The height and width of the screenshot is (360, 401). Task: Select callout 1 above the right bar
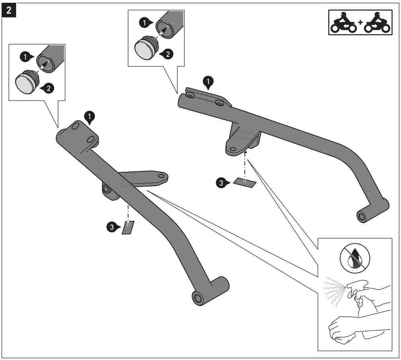[208, 82]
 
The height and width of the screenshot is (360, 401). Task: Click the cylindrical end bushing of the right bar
[362, 216]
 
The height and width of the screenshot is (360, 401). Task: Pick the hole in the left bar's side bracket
[161, 176]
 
